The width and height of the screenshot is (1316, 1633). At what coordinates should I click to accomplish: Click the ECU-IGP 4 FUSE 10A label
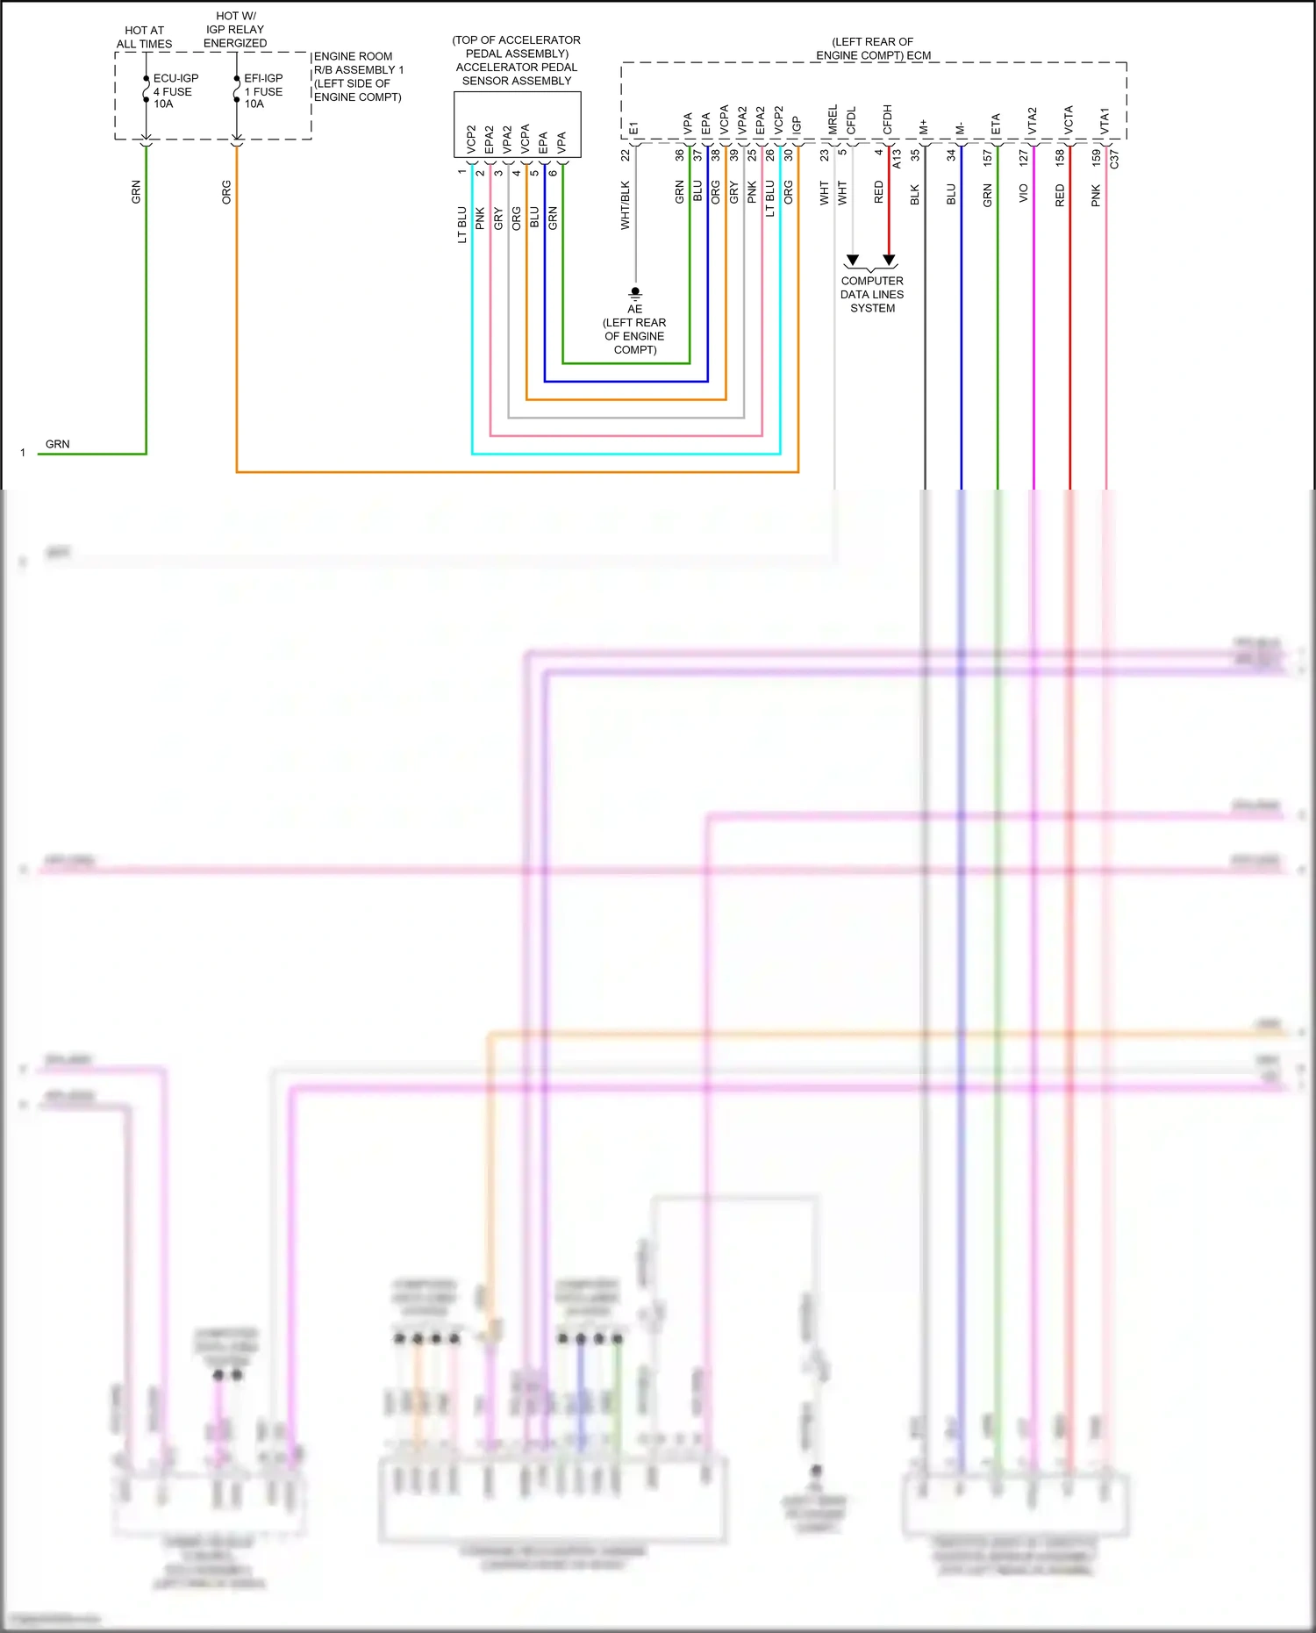[x=175, y=91]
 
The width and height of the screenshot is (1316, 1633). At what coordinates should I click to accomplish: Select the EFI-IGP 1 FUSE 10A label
[x=263, y=91]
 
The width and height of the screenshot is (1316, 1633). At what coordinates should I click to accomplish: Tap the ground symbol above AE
[x=635, y=293]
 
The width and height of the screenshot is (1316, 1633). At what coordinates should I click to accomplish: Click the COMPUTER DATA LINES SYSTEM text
[x=872, y=295]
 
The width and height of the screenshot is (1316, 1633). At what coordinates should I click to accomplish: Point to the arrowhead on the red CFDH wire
[x=889, y=260]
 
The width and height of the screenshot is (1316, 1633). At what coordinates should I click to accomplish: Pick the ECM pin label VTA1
[x=1105, y=121]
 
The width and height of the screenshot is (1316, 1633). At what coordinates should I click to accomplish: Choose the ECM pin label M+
[x=924, y=128]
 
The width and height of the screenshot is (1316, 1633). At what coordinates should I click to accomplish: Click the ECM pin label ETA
[x=997, y=125]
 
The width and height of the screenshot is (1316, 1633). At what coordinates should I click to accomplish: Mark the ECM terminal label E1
[x=634, y=129]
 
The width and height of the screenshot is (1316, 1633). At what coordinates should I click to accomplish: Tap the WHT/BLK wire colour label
[x=626, y=205]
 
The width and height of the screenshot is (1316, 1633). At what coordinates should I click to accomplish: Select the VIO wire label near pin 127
[x=1024, y=194]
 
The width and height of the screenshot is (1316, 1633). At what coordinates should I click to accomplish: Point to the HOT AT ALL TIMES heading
[x=145, y=37]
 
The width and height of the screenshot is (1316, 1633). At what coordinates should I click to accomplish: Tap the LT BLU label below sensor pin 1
[x=462, y=225]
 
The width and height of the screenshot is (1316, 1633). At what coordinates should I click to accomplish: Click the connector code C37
[x=1114, y=160]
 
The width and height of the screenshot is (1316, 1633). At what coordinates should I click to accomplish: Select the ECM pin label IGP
[x=797, y=125]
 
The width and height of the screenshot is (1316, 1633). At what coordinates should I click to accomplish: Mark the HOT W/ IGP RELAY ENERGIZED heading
[x=235, y=30]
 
